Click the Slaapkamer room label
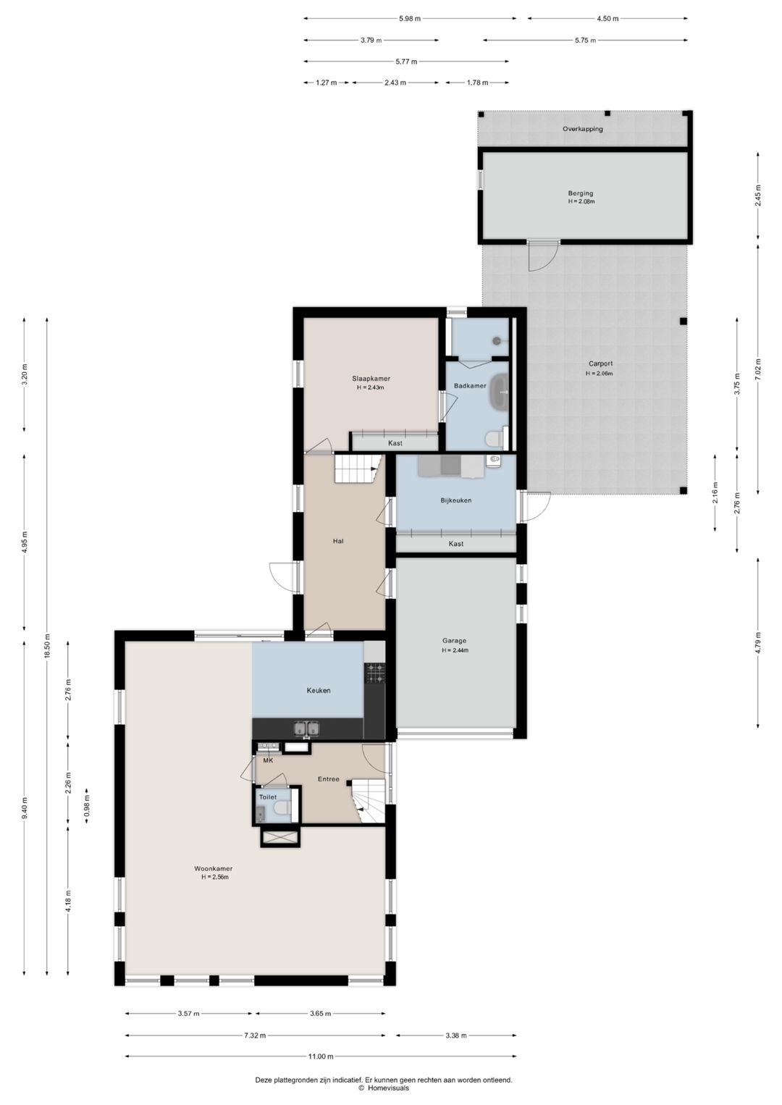pyautogui.click(x=371, y=379)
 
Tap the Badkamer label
pyautogui.click(x=470, y=386)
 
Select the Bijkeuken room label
pyautogui.click(x=456, y=500)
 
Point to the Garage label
pyautogui.click(x=454, y=641)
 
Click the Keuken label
pyautogui.click(x=318, y=691)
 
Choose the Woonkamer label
pyautogui.click(x=213, y=869)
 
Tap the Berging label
pyautogui.click(x=580, y=193)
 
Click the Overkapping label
pyautogui.click(x=583, y=129)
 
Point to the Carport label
pyautogui.click(x=600, y=364)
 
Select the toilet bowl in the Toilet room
pyautogui.click(x=281, y=810)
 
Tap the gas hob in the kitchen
pyautogui.click(x=374, y=673)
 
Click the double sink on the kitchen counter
pyautogui.click(x=306, y=728)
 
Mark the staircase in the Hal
pyautogui.click(x=358, y=469)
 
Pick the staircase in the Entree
pyautogui.click(x=367, y=800)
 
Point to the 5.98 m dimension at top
pyautogui.click(x=410, y=19)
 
